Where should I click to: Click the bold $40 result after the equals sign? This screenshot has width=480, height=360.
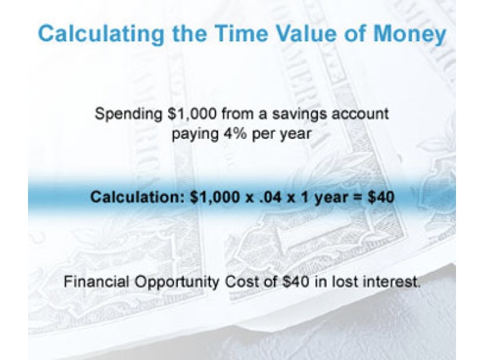tap(379, 197)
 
